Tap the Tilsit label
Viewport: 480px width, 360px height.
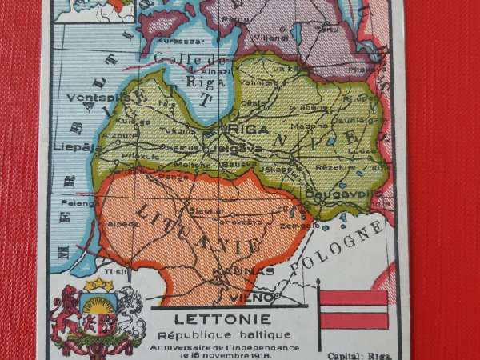click(102, 270)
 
